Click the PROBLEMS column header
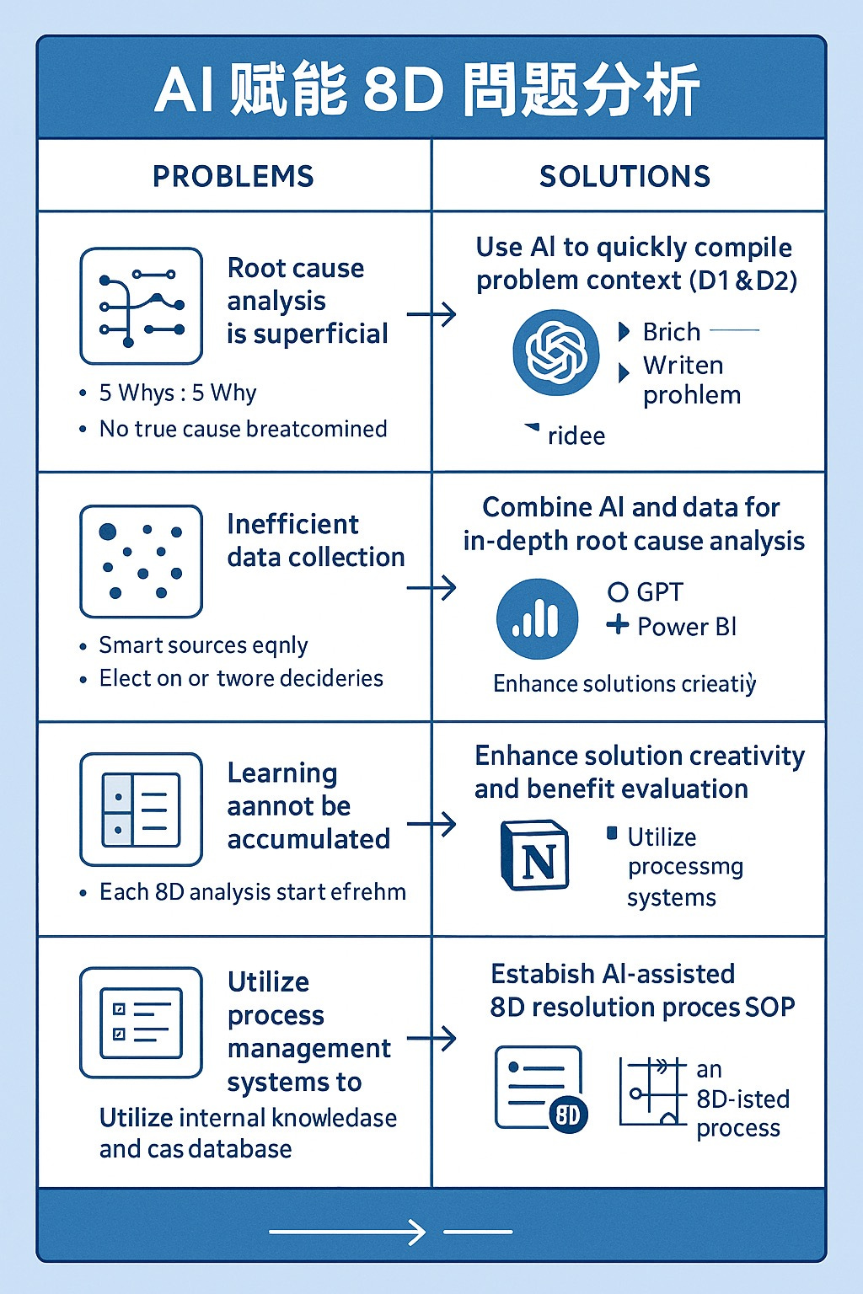point(233,176)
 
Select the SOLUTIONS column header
point(624,176)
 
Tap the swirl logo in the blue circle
point(555,353)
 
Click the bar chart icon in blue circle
point(538,619)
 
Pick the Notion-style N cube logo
point(535,856)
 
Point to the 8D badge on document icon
point(568,1115)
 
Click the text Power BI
point(687,627)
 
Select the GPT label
point(660,592)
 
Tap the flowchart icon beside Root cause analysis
point(141,306)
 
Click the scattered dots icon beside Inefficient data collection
point(141,561)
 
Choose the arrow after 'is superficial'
point(431,315)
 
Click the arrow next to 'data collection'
point(431,587)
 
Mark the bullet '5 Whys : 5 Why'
point(177,393)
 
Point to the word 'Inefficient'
point(292,524)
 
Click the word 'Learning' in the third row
point(282,773)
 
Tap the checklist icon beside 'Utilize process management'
point(141,1022)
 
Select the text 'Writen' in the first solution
point(683,366)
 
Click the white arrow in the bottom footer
point(347,1233)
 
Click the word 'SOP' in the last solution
point(770,1008)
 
